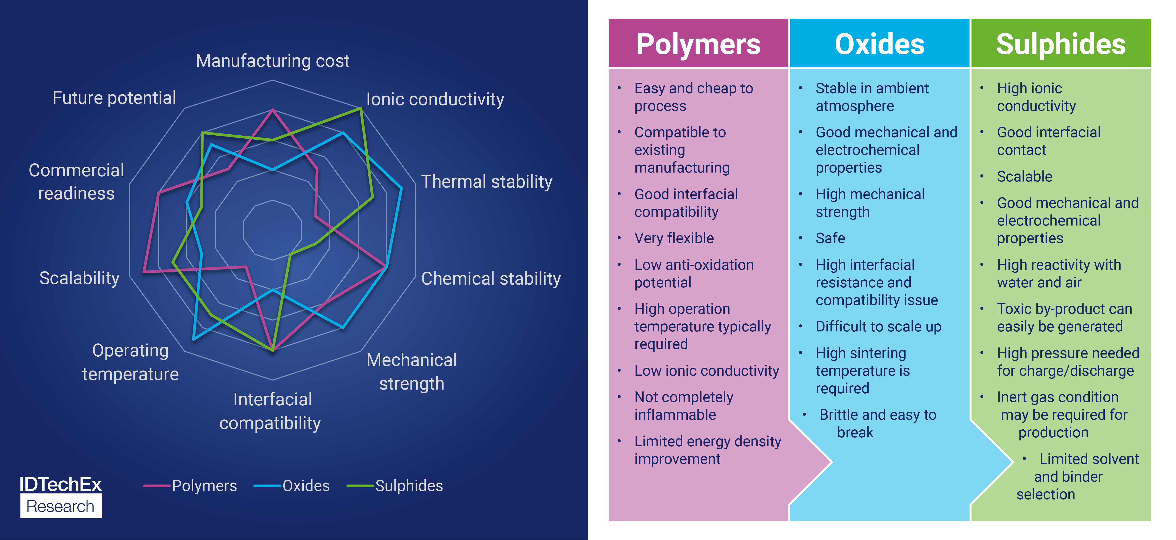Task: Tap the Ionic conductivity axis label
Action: pos(435,99)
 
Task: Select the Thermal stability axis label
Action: pos(487,182)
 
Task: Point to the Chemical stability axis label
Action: pos(491,279)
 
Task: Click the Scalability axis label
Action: pos(79,278)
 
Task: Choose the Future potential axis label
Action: pos(114,98)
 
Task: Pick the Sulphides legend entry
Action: pos(395,486)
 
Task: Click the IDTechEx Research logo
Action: pos(61,497)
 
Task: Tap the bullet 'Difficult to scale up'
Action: pos(878,327)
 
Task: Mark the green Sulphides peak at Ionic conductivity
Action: pos(361,109)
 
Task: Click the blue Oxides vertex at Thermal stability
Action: pos(401,188)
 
